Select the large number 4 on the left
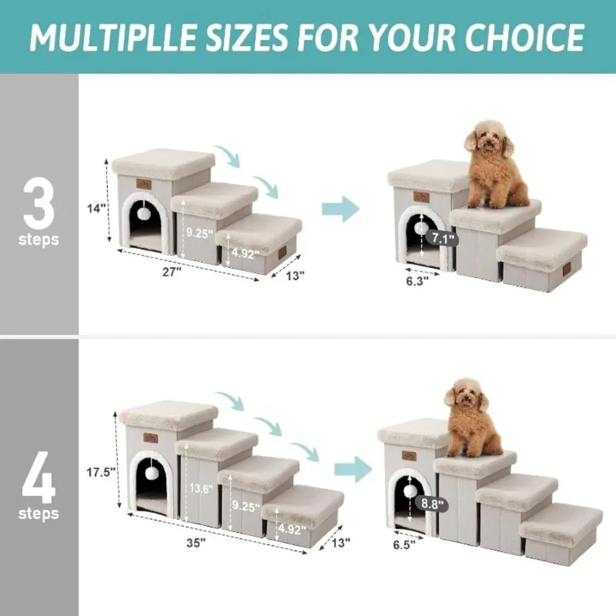[38, 480]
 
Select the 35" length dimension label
[198, 543]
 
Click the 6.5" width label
[404, 544]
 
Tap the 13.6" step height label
[200, 489]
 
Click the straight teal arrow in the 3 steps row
[340, 208]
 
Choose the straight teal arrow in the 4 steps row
[352, 471]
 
